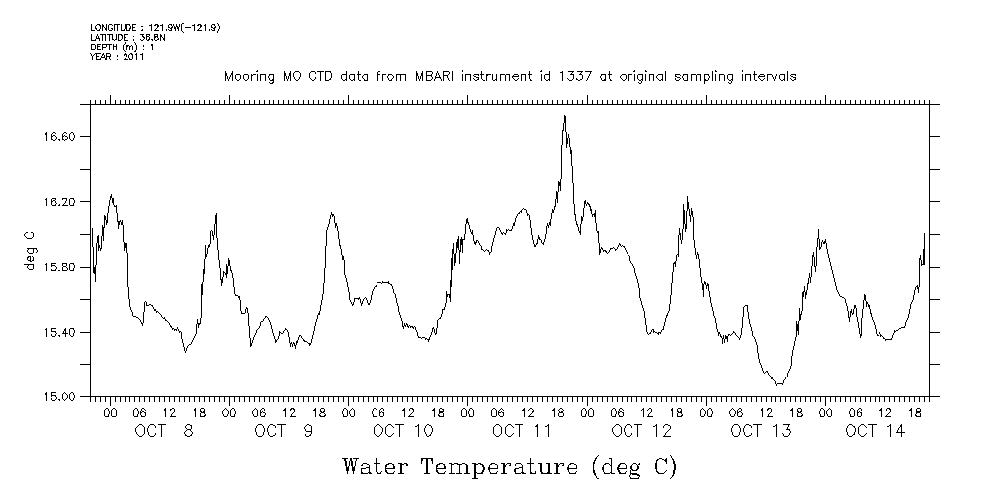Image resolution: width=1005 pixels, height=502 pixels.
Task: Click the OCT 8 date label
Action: point(163,431)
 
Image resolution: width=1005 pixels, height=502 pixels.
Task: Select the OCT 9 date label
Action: point(283,431)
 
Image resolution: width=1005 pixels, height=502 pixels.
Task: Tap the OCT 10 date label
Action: point(402,431)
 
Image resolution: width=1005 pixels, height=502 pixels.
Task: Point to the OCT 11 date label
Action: point(522,431)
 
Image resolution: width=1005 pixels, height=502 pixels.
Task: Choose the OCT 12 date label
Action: point(641,431)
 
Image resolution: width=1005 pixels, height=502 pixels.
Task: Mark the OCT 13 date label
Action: point(761,431)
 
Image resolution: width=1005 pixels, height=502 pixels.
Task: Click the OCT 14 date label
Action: point(875,431)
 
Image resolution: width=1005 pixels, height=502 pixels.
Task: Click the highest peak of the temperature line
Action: point(564,116)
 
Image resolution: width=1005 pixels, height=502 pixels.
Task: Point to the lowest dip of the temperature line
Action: point(779,384)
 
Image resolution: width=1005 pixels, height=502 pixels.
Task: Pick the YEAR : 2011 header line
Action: point(118,57)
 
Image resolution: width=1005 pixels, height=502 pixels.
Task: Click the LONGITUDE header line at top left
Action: point(154,27)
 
